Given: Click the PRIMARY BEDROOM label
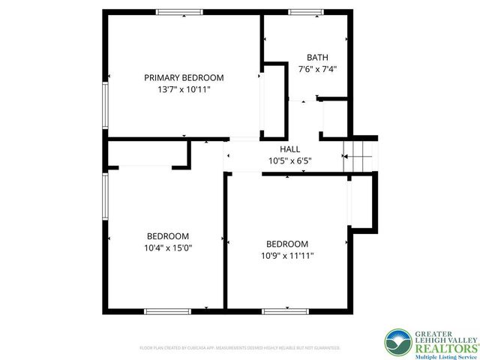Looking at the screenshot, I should click(x=184, y=77).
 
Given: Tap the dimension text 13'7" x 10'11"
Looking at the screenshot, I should click(x=184, y=89).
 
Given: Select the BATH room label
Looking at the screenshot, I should click(x=317, y=58).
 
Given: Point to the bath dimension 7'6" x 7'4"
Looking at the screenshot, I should click(x=317, y=69).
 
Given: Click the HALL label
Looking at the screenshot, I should click(x=290, y=148).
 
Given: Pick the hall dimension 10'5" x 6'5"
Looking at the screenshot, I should click(x=290, y=160).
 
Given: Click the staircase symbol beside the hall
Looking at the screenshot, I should click(x=358, y=156).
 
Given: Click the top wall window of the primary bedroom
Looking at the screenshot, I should click(x=179, y=12).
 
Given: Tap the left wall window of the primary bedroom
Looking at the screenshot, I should click(x=106, y=105).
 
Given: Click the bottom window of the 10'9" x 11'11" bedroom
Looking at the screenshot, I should click(x=285, y=310).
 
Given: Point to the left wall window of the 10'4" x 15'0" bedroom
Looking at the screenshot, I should click(x=106, y=196).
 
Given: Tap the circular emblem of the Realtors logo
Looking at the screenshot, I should click(x=397, y=343).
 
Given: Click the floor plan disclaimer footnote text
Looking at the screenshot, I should click(x=240, y=348).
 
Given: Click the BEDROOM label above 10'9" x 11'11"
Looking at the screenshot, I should click(x=288, y=244).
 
